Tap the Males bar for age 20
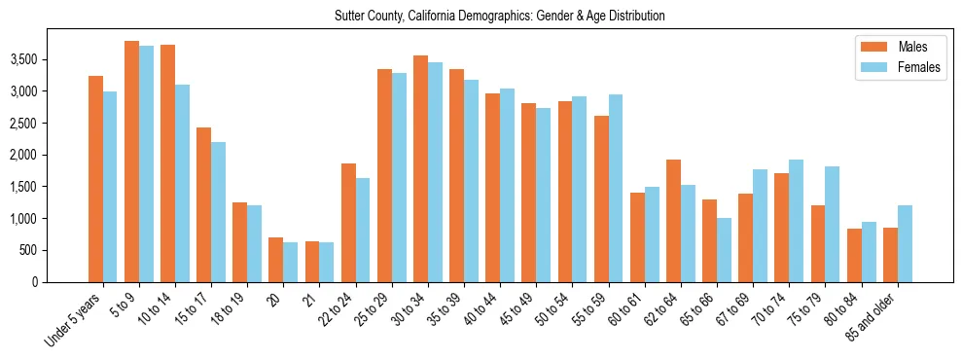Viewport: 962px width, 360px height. [276, 260]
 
